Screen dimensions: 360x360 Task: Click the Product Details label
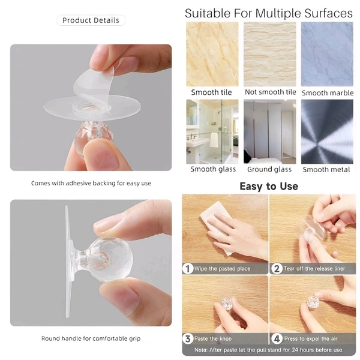pyautogui.click(x=91, y=20)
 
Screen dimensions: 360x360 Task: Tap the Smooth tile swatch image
pyautogui.click(x=212, y=54)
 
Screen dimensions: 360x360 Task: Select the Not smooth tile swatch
pyautogui.click(x=270, y=54)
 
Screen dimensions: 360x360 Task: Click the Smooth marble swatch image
pyautogui.click(x=327, y=54)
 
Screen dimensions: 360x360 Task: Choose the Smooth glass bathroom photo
pyautogui.click(x=212, y=131)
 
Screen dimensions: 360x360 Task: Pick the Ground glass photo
pyautogui.click(x=270, y=131)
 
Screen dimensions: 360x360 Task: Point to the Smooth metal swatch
pyautogui.click(x=327, y=131)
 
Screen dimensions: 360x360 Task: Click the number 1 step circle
pyautogui.click(x=188, y=269)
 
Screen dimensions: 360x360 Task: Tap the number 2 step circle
pyautogui.click(x=277, y=269)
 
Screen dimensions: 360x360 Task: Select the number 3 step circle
pyautogui.click(x=188, y=338)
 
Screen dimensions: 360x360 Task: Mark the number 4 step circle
pyautogui.click(x=277, y=338)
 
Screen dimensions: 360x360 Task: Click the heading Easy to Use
pyautogui.click(x=269, y=186)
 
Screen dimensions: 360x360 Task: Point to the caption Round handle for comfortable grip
pyautogui.click(x=91, y=338)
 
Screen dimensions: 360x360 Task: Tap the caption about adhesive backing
pyautogui.click(x=91, y=183)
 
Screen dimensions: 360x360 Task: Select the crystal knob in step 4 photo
pyautogui.click(x=313, y=302)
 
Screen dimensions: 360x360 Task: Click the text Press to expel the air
pyautogui.click(x=311, y=338)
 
